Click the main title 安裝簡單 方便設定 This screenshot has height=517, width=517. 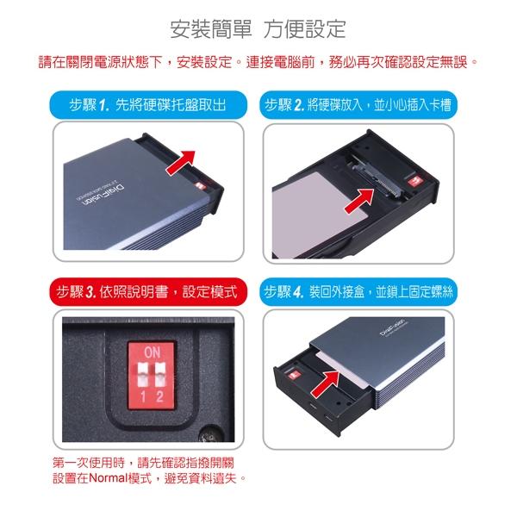258,28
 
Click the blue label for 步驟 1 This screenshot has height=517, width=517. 149,105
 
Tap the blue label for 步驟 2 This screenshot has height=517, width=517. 359,105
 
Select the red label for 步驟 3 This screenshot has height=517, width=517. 149,291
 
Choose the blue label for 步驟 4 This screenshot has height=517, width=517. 359,291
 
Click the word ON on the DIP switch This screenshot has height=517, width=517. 153,352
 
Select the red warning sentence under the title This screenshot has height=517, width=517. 258,62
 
